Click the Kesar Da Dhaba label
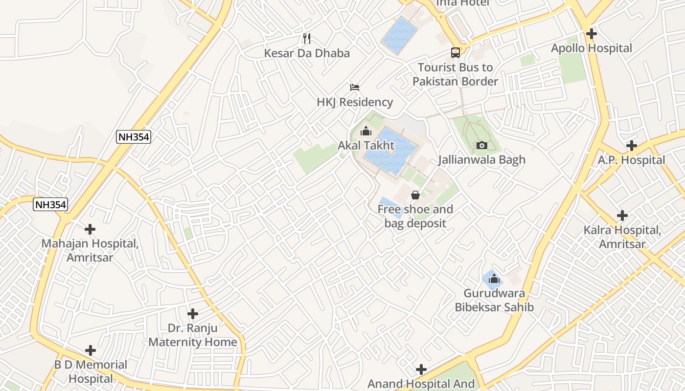point(307,53)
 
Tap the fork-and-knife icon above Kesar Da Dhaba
point(307,38)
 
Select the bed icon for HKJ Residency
point(355,87)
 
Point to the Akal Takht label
point(366,146)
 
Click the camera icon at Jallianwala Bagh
point(481,145)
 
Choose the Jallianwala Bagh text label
point(481,160)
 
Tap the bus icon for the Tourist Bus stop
point(455,53)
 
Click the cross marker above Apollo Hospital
point(592,34)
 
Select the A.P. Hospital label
point(631,160)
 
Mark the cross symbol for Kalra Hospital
point(622,216)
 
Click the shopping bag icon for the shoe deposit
point(415,195)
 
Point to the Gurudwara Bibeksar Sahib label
point(494,301)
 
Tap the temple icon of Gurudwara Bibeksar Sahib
point(494,279)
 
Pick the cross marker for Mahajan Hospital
point(90,229)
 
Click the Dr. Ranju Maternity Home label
point(192,335)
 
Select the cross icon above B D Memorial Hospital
point(91,350)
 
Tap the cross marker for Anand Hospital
point(421,369)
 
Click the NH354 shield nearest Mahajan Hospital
point(50,204)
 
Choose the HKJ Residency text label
point(355,102)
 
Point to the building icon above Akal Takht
point(365,131)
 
